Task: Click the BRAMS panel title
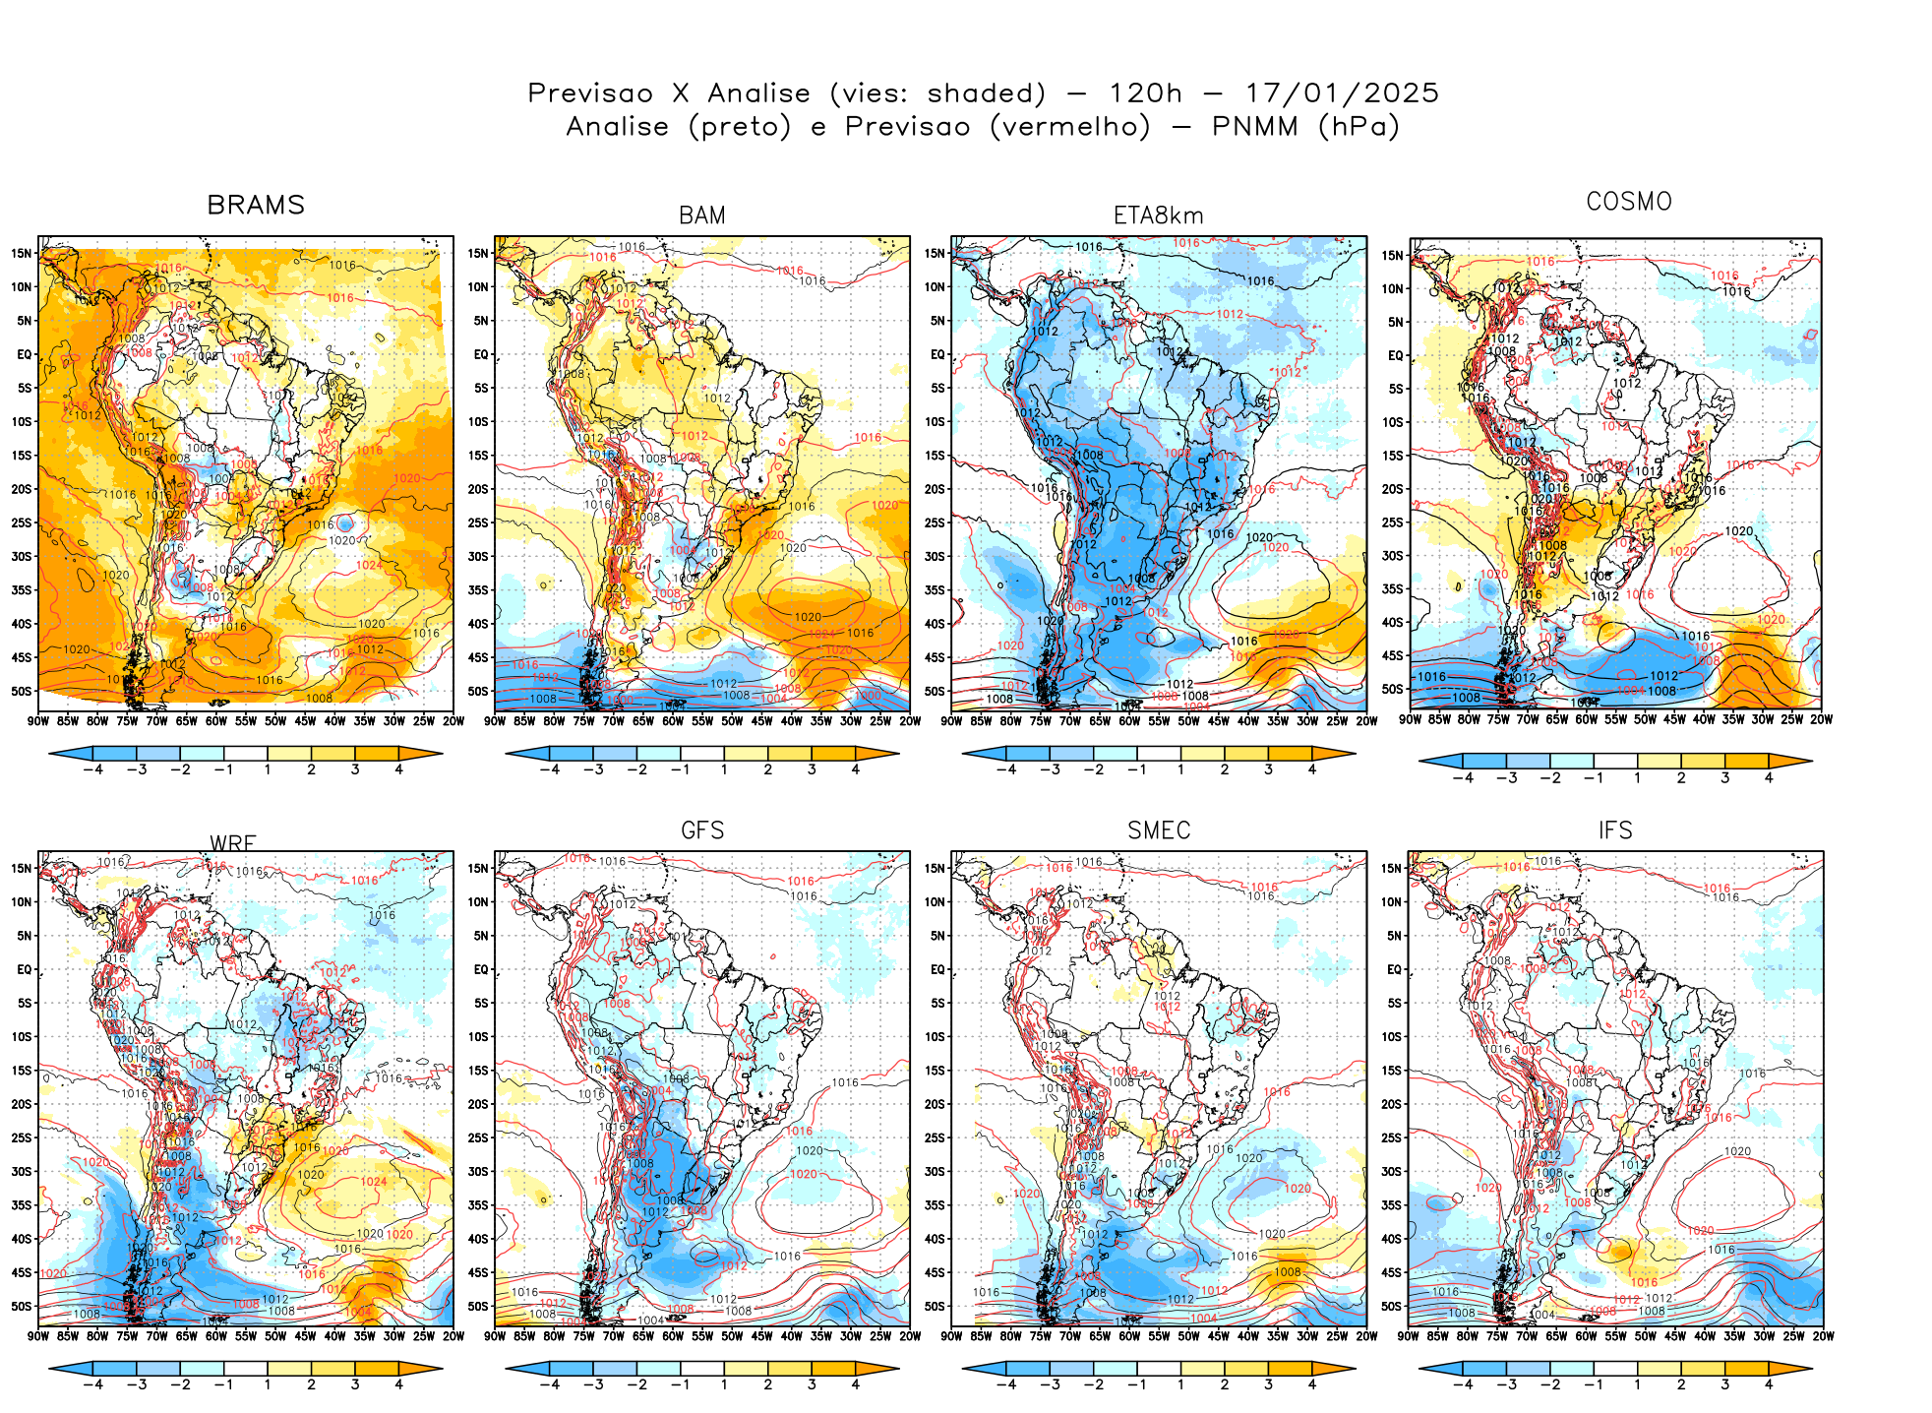(256, 205)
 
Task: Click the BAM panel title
(702, 215)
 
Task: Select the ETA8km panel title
(1158, 215)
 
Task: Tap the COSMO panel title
(1628, 202)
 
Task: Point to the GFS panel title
(702, 830)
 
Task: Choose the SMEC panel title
(1158, 830)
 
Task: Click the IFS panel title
(1615, 830)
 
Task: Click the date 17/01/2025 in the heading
(1342, 93)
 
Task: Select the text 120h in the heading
(1145, 93)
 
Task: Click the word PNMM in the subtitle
(1255, 127)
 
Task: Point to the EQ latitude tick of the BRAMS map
(25, 354)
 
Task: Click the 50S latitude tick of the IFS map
(1391, 1307)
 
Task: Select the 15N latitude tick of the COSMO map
(1392, 256)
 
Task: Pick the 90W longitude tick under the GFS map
(495, 1336)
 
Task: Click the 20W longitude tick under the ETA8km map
(1366, 721)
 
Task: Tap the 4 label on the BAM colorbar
(855, 770)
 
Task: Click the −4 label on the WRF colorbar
(92, 1385)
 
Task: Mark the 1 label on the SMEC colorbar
(1180, 1385)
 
